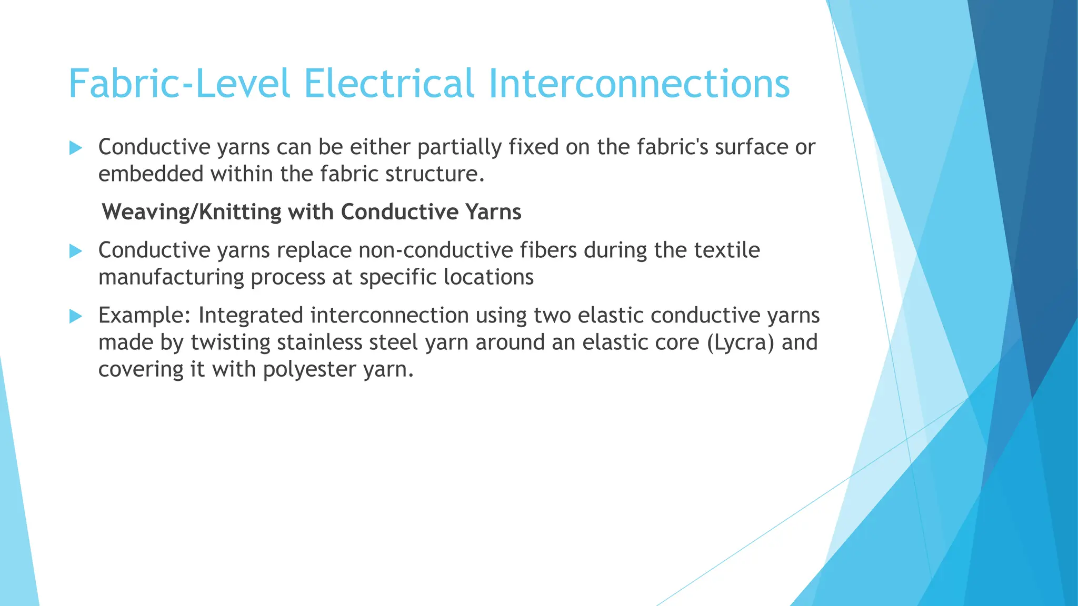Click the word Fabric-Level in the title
pos(179,84)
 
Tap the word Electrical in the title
pos(389,84)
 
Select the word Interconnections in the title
pos(639,84)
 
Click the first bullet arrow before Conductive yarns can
pos(76,148)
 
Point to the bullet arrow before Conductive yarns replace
pos(76,251)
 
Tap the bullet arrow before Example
pos(76,316)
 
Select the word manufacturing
pos(171,278)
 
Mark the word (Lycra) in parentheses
pos(741,343)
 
